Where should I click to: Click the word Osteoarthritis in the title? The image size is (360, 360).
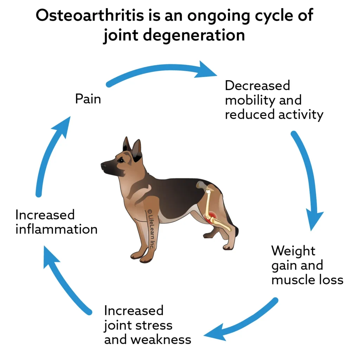coord(90,15)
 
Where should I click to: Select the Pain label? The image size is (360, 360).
coord(88,99)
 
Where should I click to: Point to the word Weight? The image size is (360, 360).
coord(293,251)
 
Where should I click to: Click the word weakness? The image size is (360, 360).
coord(161,340)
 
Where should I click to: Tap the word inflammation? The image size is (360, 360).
coord(57,229)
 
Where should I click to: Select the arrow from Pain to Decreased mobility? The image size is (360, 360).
coord(161,68)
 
